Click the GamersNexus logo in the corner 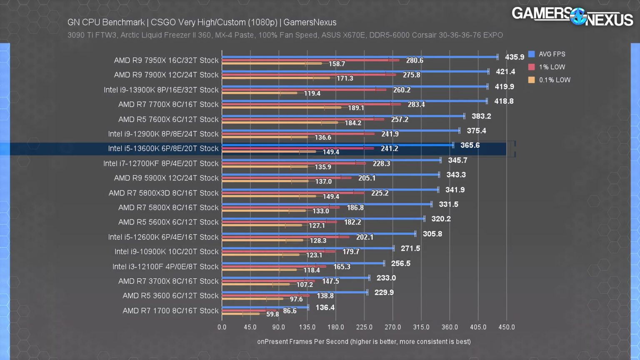point(572,17)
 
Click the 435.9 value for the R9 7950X point(514,57)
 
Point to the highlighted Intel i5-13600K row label point(163,149)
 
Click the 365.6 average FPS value point(470,145)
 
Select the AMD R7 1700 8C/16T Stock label point(170,311)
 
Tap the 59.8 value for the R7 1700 point(272,314)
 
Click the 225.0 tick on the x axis point(364,327)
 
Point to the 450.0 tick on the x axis point(506,327)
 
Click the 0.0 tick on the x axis point(222,327)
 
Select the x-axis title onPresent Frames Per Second point(364,342)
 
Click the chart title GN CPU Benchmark point(202,22)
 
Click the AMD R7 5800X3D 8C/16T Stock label point(163,193)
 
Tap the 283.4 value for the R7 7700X point(416,105)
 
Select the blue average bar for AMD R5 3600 point(295,292)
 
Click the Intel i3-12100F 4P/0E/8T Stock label point(165,267)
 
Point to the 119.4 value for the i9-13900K point(312,93)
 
